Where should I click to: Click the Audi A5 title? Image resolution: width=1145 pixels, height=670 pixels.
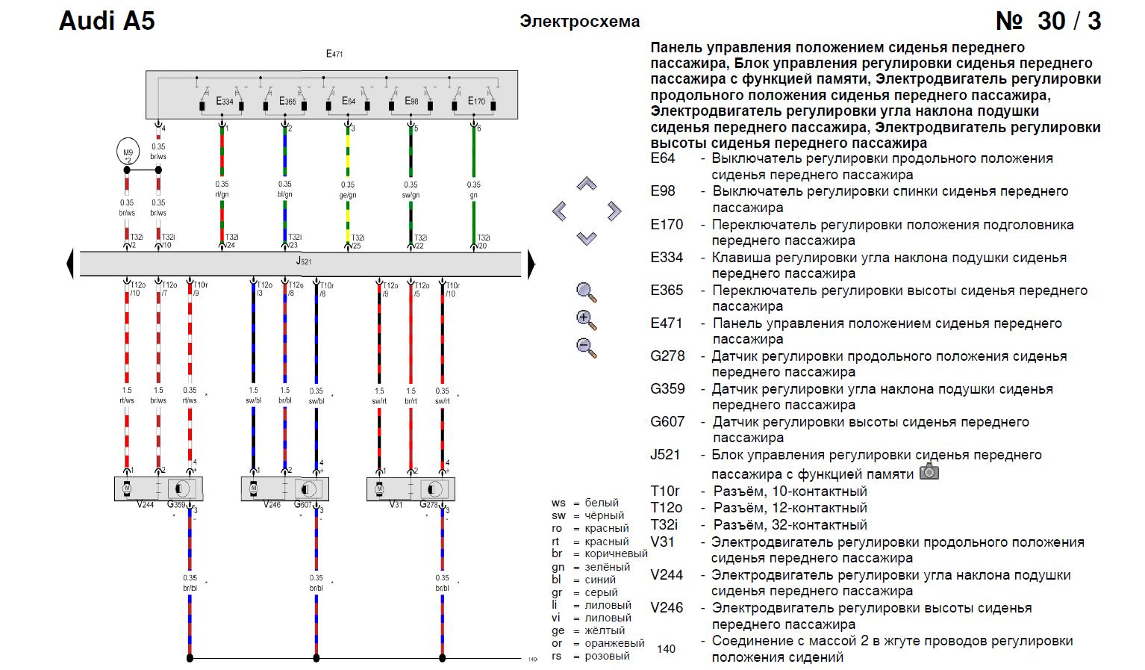coord(107,21)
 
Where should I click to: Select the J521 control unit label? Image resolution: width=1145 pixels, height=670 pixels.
coord(303,261)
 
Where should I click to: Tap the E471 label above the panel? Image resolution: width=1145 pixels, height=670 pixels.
coord(334,54)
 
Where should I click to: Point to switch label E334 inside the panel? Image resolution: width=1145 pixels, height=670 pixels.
coord(224,101)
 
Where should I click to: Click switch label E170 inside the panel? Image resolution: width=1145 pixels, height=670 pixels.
coord(476,101)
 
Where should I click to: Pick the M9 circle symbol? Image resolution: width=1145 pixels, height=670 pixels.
coord(127,152)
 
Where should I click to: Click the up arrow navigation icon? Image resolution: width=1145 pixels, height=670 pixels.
coord(587,184)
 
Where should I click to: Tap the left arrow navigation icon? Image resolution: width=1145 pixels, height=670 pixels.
coord(560,211)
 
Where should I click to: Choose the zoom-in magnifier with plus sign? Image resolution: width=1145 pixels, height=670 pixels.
coord(587,320)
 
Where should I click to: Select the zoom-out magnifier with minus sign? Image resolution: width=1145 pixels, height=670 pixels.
coord(587,347)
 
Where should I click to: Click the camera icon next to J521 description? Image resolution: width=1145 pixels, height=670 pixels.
coord(929,471)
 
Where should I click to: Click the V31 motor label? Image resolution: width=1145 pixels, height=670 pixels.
coord(396,504)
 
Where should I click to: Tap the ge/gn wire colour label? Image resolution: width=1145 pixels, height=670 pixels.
coord(348,196)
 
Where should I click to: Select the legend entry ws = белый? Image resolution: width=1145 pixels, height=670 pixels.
coord(585,503)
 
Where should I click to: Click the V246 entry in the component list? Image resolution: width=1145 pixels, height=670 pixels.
coord(667,607)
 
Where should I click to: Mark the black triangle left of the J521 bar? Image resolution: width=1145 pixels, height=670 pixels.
coord(70,264)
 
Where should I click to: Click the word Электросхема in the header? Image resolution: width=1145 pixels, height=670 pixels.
coord(579,22)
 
